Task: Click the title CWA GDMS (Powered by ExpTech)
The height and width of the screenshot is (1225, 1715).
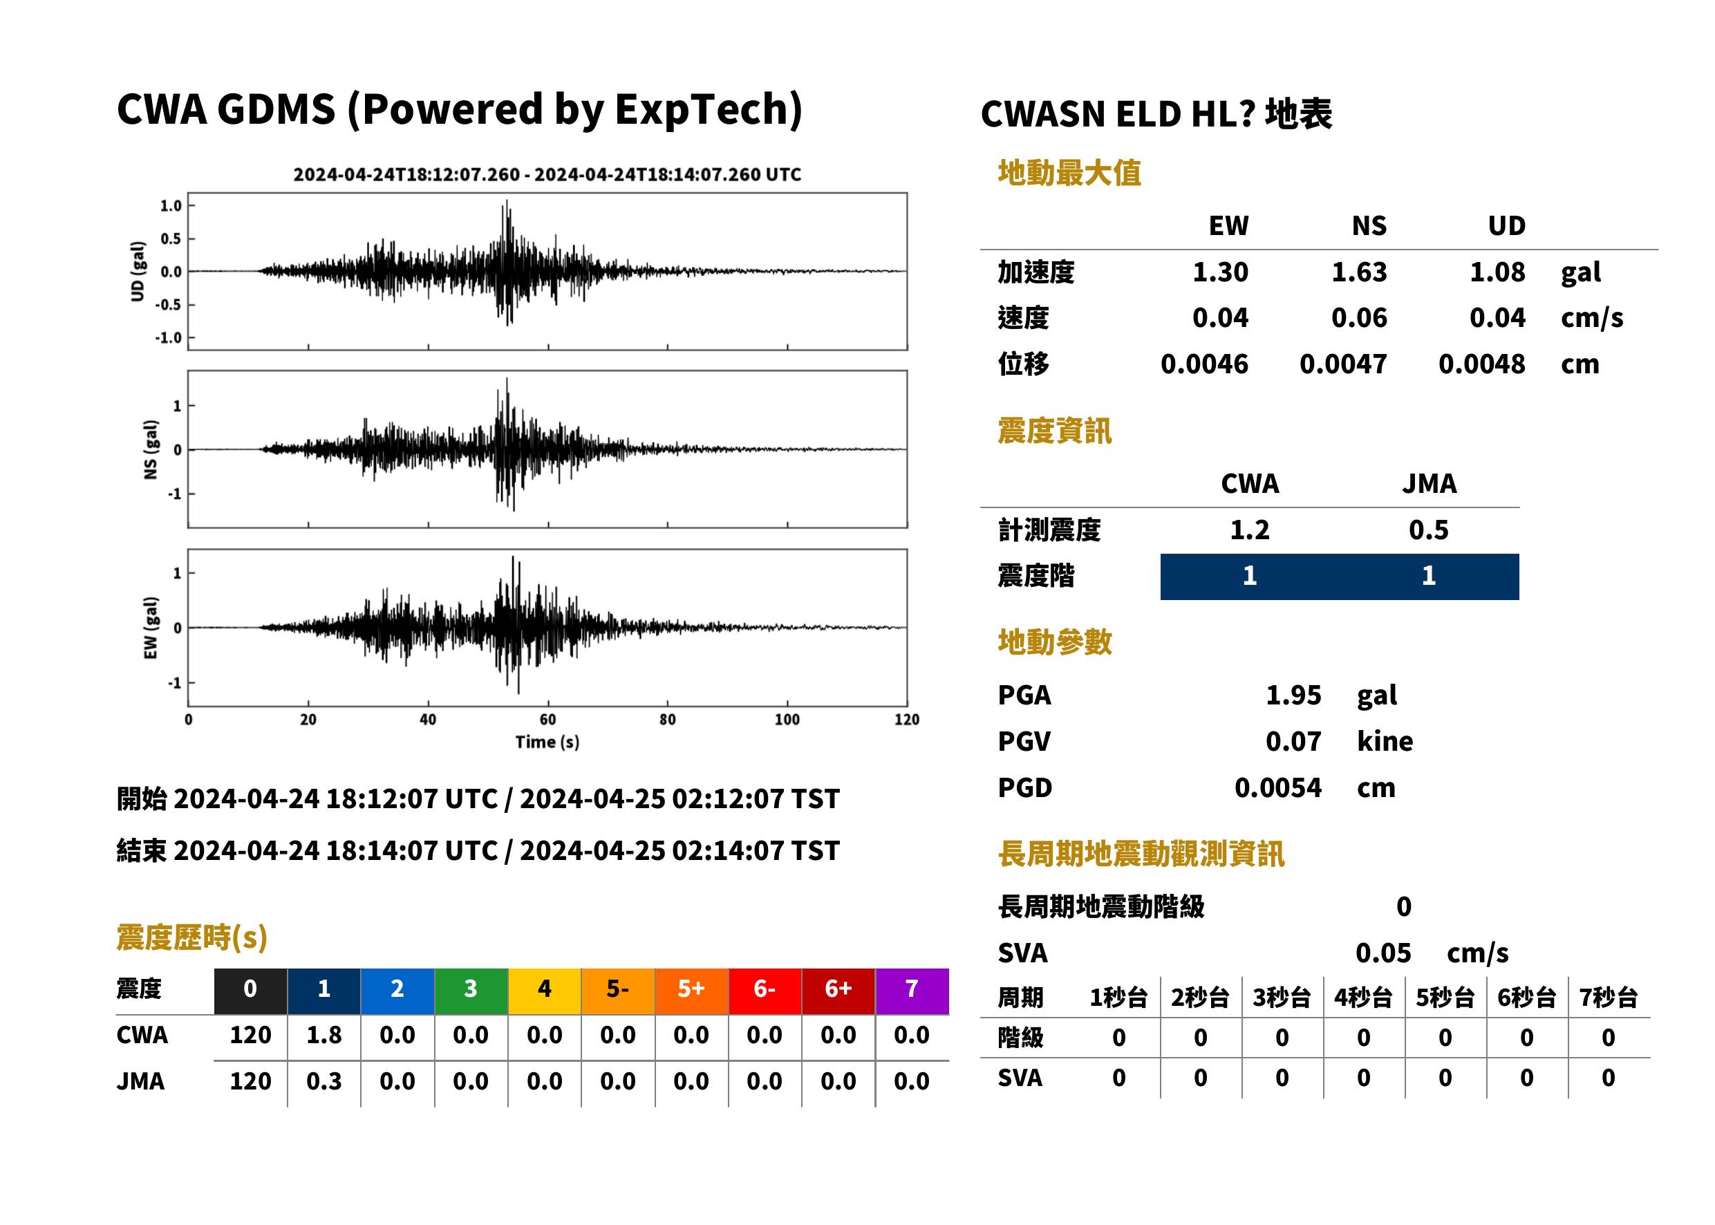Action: point(459,110)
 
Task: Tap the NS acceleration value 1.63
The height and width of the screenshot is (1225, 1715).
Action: point(1358,272)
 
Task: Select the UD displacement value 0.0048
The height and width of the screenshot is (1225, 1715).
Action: point(1481,364)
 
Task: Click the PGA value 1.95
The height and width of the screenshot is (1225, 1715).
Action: point(1293,695)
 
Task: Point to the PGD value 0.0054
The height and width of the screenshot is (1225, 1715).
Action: point(1277,788)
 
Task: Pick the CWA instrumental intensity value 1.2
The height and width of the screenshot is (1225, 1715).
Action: point(1250,530)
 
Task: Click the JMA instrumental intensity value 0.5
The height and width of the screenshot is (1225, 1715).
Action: point(1428,530)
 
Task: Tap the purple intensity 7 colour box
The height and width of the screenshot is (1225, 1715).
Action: point(912,991)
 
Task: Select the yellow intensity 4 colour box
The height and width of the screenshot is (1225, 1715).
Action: point(545,991)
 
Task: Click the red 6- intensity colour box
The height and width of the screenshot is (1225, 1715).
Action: point(765,991)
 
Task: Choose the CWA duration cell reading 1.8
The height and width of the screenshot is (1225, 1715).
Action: point(324,1036)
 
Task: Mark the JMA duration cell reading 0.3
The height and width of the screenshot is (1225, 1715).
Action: point(324,1082)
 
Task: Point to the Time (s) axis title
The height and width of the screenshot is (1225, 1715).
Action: point(547,742)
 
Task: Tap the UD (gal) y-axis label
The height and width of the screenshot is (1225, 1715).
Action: point(138,272)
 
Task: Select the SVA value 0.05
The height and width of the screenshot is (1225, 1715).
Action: point(1383,953)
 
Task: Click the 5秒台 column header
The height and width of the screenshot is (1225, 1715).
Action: point(1445,998)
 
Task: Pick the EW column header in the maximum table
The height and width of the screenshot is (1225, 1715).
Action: point(1228,226)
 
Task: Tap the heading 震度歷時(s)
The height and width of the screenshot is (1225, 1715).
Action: point(192,937)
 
